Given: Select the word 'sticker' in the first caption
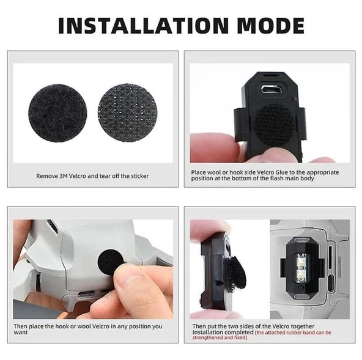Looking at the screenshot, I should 138,176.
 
